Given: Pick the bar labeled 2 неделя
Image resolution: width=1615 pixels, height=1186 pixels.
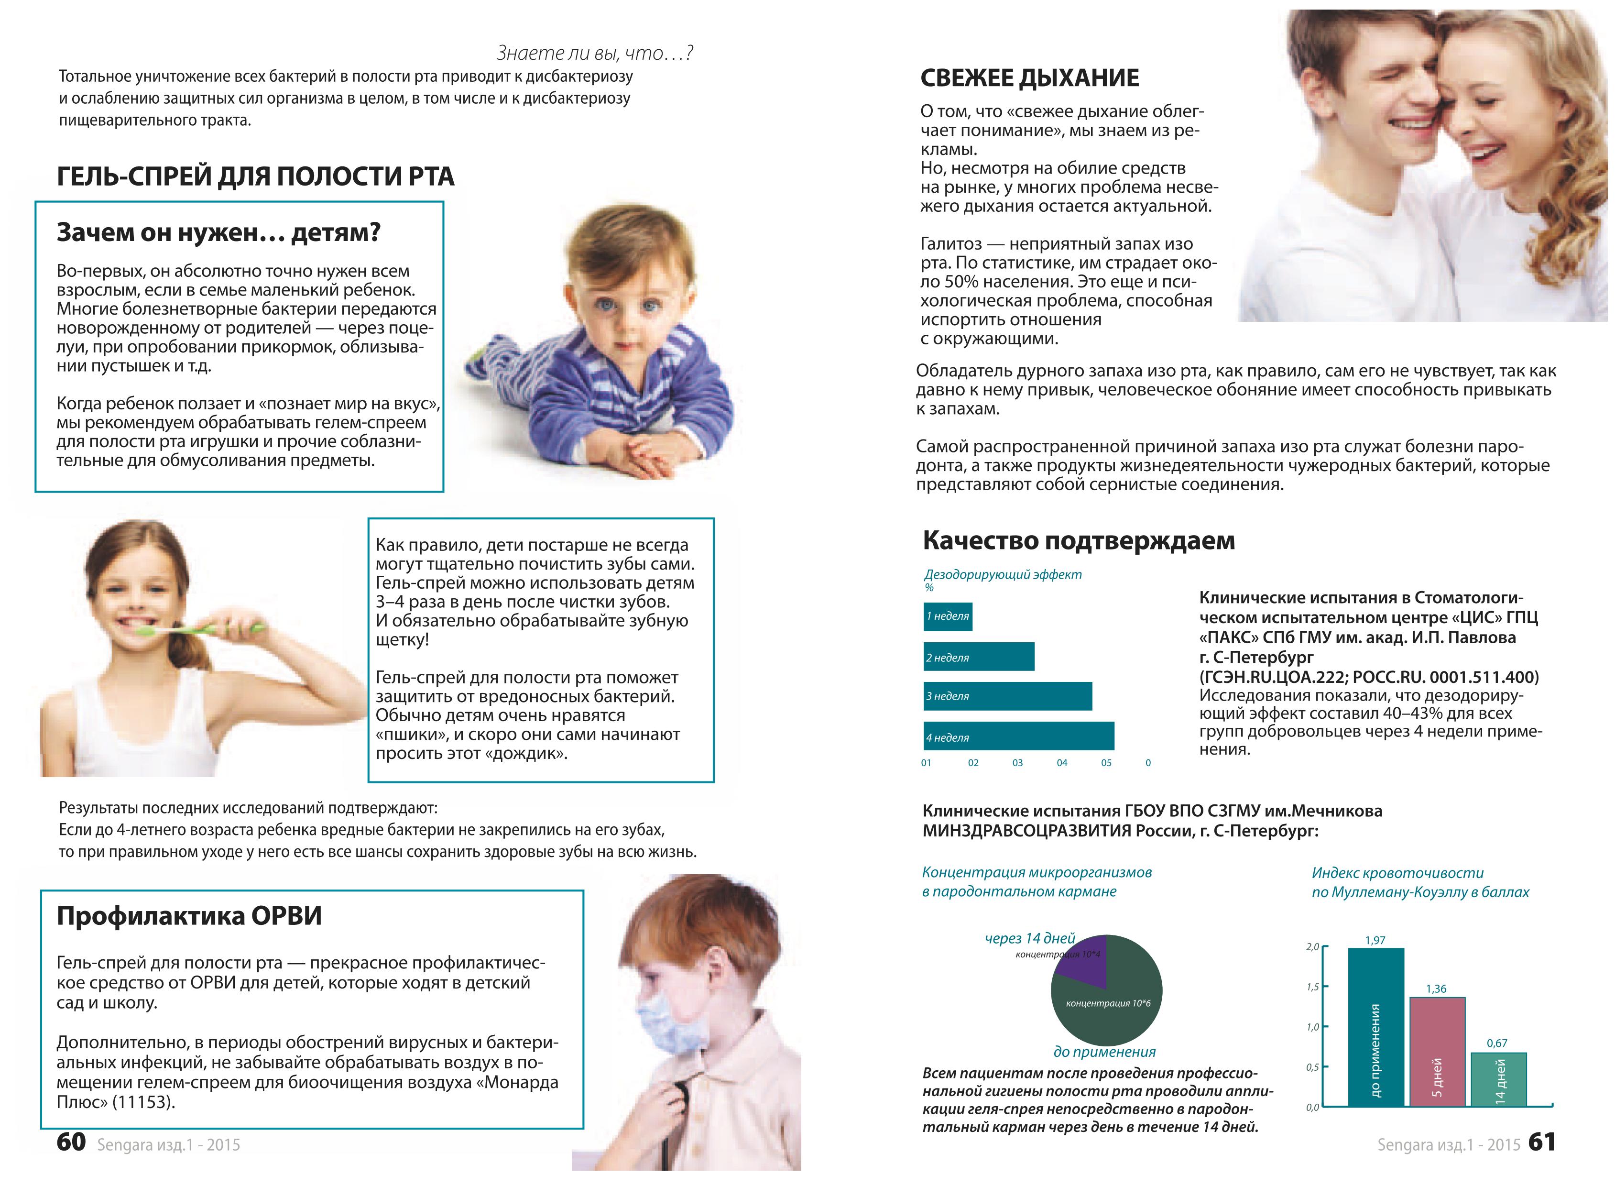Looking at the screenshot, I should pos(978,657).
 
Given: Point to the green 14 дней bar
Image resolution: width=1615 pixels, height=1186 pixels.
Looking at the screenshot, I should pos(1498,1079).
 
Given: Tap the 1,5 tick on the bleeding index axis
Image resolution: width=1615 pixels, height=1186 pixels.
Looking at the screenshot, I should pos(1313,987).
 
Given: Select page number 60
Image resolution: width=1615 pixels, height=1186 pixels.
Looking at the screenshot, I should pos(71,1142).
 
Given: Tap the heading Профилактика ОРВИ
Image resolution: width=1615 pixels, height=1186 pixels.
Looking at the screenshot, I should pos(189,916).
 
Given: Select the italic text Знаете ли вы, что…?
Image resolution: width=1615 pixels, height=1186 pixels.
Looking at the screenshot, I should pos(594,53).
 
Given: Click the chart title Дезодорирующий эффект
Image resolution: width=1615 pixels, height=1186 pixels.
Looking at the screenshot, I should pos(1002,574).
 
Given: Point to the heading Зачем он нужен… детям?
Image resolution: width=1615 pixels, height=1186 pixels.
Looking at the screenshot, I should pos(218,232).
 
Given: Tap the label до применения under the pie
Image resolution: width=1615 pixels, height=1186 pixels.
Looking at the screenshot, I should pos(1104,1052).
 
